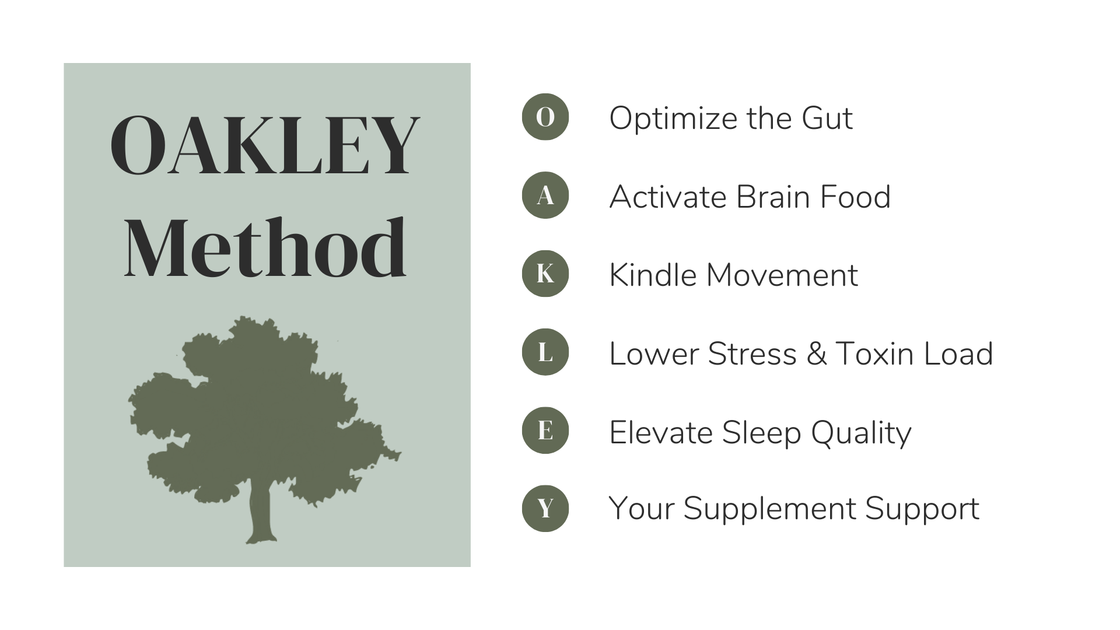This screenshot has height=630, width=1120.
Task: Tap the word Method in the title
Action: pyautogui.click(x=265, y=248)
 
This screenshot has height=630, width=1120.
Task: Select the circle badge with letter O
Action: pyautogui.click(x=545, y=117)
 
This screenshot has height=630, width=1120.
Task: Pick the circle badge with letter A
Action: pyautogui.click(x=545, y=195)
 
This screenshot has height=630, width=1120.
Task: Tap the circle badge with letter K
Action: pyautogui.click(x=545, y=274)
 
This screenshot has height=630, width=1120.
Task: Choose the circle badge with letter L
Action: pyautogui.click(x=545, y=352)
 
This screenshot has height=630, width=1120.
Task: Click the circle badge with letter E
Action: pyautogui.click(x=545, y=430)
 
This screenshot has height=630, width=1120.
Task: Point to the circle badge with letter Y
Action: pyautogui.click(x=545, y=508)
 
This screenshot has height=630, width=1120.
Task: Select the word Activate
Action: pyautogui.click(x=668, y=197)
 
